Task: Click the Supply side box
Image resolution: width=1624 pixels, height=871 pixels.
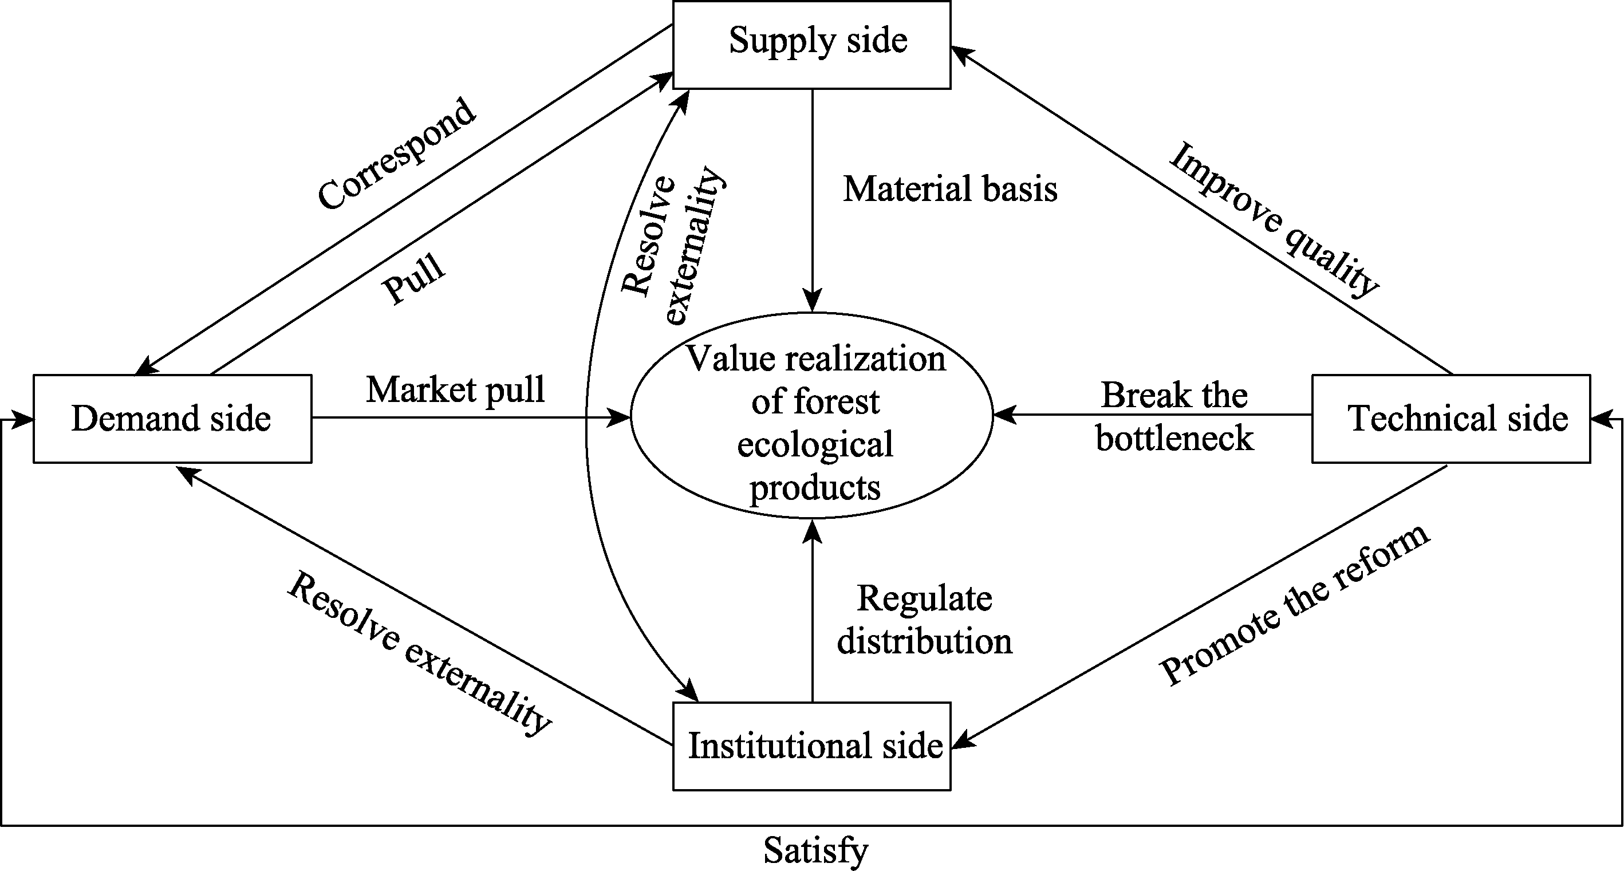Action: pyautogui.click(x=812, y=45)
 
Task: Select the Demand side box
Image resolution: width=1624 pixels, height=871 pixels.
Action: pyautogui.click(x=172, y=419)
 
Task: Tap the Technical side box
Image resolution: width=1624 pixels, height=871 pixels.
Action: pyautogui.click(x=1450, y=419)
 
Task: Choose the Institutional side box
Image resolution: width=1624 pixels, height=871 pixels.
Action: pyautogui.click(x=812, y=746)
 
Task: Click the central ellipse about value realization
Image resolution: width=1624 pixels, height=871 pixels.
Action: pyautogui.click(x=812, y=416)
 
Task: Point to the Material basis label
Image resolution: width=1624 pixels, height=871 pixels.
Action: pyautogui.click(x=950, y=189)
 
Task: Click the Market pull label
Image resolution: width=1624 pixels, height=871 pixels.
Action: pyautogui.click(x=455, y=389)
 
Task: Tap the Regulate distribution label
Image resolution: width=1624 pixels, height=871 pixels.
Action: pyautogui.click(x=924, y=620)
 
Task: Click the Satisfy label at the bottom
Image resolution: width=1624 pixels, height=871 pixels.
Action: pyautogui.click(x=816, y=850)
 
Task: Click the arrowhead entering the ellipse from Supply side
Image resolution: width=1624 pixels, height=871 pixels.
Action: pyautogui.click(x=813, y=301)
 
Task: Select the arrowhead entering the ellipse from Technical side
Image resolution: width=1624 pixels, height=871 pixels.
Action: pyautogui.click(x=1004, y=415)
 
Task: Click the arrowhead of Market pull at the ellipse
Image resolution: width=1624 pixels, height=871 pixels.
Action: pyautogui.click(x=618, y=417)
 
